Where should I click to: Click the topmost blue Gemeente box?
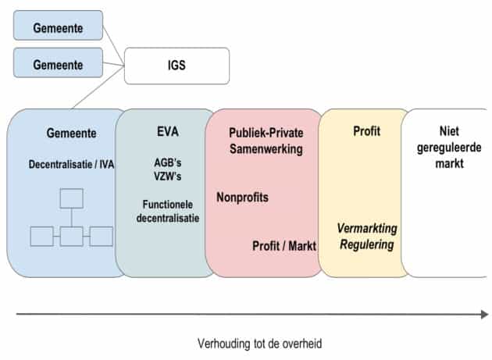pyautogui.click(x=59, y=25)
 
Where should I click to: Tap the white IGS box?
pyautogui.click(x=176, y=66)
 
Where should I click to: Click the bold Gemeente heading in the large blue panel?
pyautogui.click(x=70, y=134)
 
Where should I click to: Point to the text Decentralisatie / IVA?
pyautogui.click(x=70, y=165)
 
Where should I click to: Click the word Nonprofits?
pyautogui.click(x=242, y=197)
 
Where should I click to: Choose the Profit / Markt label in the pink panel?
pyautogui.click(x=284, y=245)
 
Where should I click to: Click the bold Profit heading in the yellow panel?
pyautogui.click(x=366, y=131)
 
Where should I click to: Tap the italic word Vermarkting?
pyautogui.click(x=366, y=228)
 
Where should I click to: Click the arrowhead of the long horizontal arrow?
pyautogui.click(x=484, y=314)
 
